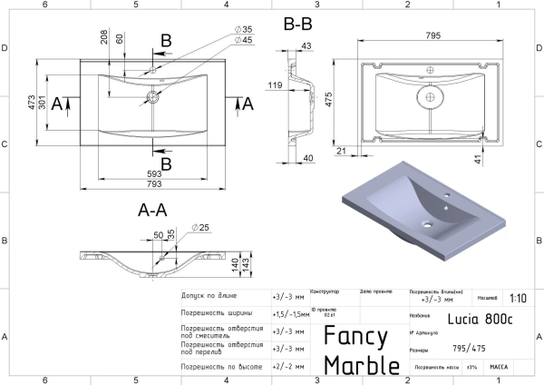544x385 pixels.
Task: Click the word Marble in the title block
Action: tap(362, 365)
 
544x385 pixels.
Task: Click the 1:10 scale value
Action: tap(519, 297)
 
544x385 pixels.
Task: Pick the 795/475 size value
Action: tap(470, 348)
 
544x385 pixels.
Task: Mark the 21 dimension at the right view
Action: tap(342, 151)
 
